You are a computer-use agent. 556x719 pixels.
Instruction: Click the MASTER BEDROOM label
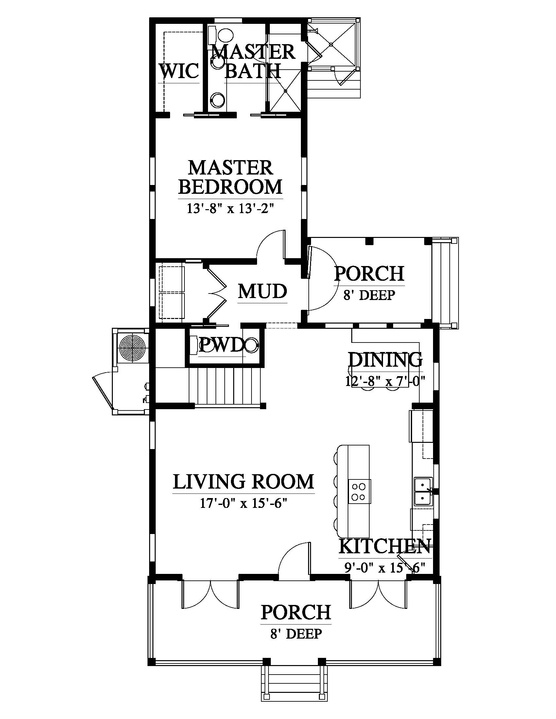click(231, 177)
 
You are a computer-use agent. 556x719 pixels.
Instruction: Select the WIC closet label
click(180, 71)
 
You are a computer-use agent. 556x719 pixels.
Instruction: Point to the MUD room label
click(263, 291)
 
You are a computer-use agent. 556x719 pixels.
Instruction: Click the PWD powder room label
click(222, 345)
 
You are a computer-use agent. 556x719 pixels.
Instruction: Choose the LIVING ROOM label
click(243, 482)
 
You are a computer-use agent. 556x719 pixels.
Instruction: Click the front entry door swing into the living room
click(294, 560)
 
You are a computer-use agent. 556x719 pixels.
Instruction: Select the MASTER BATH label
click(253, 61)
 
